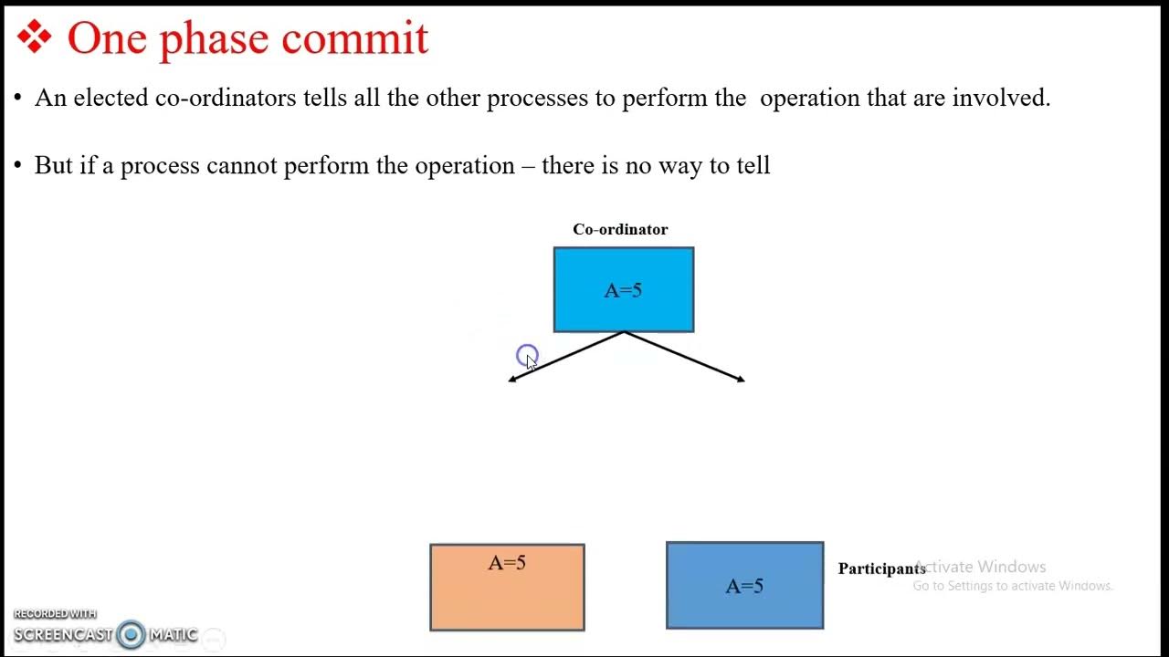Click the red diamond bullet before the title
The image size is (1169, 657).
point(35,38)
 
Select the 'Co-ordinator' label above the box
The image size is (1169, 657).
point(620,229)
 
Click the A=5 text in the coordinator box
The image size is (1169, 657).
point(623,290)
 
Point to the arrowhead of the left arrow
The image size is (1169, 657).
point(512,380)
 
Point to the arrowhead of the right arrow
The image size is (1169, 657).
point(741,380)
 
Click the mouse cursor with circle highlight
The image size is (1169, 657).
point(528,357)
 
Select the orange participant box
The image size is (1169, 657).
point(507,598)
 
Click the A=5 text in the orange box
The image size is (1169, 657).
point(507,563)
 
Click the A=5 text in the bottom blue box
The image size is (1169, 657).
point(744,586)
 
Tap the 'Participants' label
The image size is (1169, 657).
point(881,568)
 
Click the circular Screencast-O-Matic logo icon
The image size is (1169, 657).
point(131,634)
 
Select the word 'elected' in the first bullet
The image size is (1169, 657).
point(111,98)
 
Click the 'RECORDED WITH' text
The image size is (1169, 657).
point(55,614)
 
